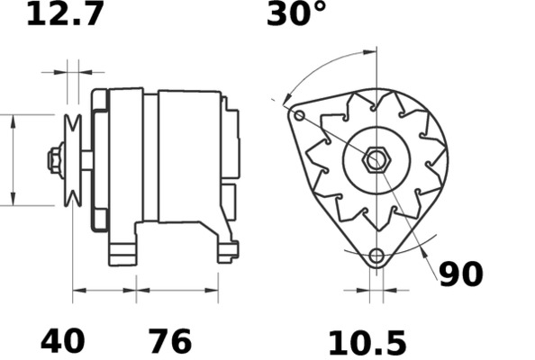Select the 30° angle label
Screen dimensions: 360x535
tap(295, 14)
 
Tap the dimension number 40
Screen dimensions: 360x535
tap(63, 341)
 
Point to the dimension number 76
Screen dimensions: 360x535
tap(169, 341)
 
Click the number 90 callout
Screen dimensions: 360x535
tap(460, 274)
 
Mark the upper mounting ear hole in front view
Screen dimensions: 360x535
tap(299, 114)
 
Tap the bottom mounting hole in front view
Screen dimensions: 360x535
tap(376, 256)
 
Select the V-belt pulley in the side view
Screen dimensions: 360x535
tap(73, 160)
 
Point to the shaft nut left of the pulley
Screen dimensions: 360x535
tap(55, 160)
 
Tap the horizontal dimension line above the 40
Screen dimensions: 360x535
tap(104, 290)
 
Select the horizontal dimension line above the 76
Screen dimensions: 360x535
tap(177, 290)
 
